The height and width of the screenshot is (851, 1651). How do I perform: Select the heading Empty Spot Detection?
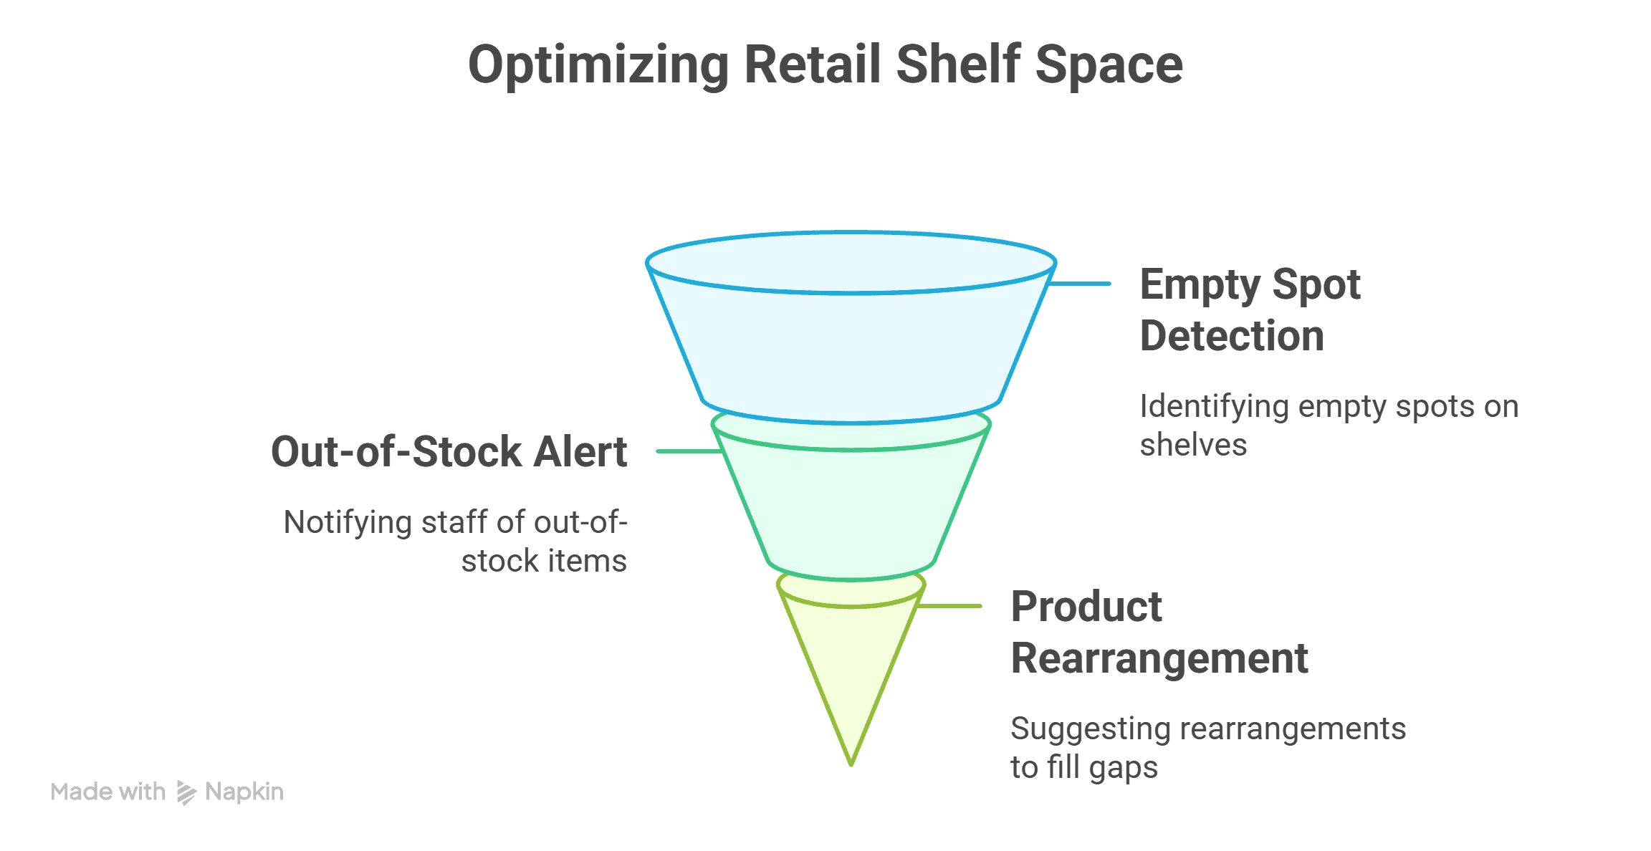(x=1249, y=309)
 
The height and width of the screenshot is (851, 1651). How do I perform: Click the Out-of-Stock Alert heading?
(x=449, y=452)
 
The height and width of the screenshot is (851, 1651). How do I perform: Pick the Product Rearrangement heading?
(x=1159, y=633)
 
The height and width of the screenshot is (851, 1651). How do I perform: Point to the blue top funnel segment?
(x=851, y=344)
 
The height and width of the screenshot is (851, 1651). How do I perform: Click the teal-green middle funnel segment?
(x=851, y=509)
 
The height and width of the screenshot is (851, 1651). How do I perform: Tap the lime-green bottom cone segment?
(x=851, y=666)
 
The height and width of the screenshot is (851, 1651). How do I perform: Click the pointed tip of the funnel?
(x=851, y=761)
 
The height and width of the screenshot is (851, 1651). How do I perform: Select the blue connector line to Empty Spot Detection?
(x=1079, y=284)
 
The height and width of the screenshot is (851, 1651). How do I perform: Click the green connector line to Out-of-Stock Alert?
(x=688, y=451)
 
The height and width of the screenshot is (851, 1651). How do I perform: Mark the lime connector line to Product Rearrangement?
(x=949, y=606)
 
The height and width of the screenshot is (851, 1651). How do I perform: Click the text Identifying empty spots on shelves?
(x=1328, y=425)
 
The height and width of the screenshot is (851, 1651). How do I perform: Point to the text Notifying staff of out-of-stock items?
(x=456, y=542)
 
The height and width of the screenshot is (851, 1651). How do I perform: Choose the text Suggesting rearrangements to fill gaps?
(x=1207, y=748)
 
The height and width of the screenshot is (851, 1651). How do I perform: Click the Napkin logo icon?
(x=186, y=792)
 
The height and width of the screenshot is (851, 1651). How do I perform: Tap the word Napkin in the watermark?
(x=244, y=792)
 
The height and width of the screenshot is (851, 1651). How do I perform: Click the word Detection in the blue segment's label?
(x=1232, y=336)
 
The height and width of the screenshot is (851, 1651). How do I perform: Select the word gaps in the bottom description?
(x=1123, y=768)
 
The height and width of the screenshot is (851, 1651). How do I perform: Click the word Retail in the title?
(x=812, y=64)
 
